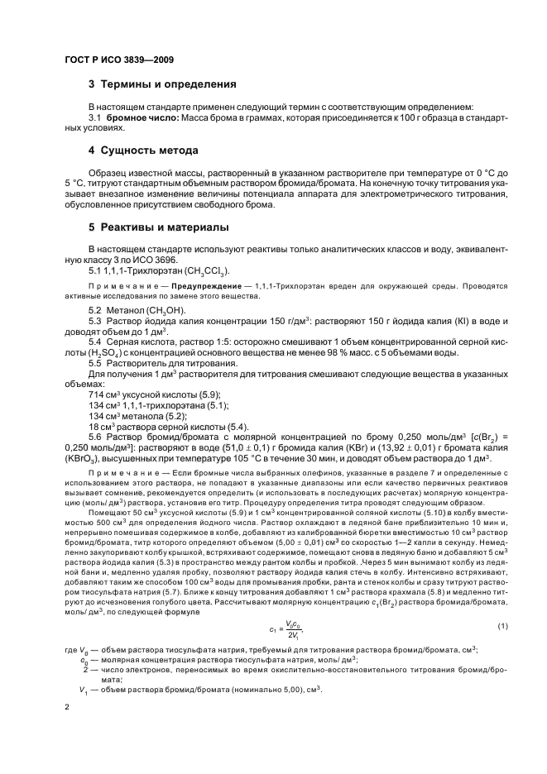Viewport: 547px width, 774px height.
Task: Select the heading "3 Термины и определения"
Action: pyautogui.click(x=162, y=84)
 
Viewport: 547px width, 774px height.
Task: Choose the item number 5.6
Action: pyautogui.click(x=96, y=437)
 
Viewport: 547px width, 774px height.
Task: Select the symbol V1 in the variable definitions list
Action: pyautogui.click(x=83, y=690)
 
